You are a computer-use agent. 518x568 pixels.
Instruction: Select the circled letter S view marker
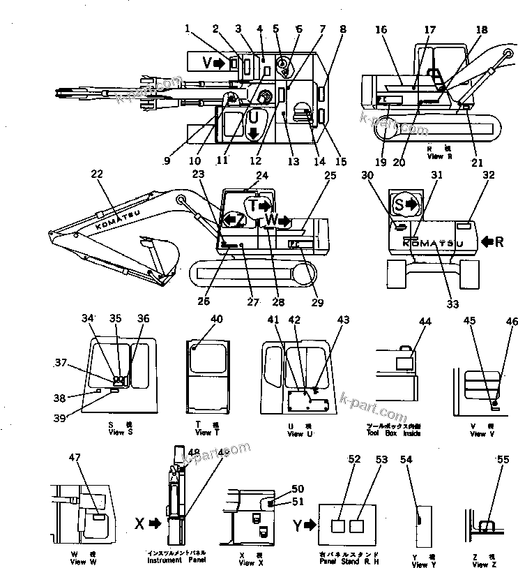coord(404,205)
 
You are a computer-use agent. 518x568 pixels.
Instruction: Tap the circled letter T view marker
coord(258,204)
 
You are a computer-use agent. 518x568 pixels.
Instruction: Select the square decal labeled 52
coord(338,528)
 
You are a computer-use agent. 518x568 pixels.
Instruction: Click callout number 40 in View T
coord(216,320)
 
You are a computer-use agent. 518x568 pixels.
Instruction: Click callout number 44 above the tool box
coord(425,321)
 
